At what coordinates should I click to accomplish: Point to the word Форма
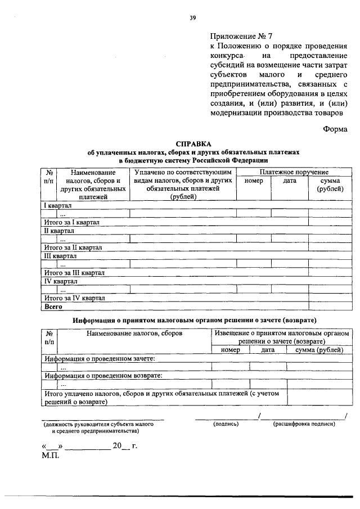point(336,128)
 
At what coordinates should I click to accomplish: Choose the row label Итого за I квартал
point(71,222)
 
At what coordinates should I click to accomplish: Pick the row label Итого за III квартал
point(74,273)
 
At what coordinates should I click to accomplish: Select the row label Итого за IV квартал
point(74,298)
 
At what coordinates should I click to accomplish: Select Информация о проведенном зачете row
point(100,358)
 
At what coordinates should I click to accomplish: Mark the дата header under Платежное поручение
point(289,181)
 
